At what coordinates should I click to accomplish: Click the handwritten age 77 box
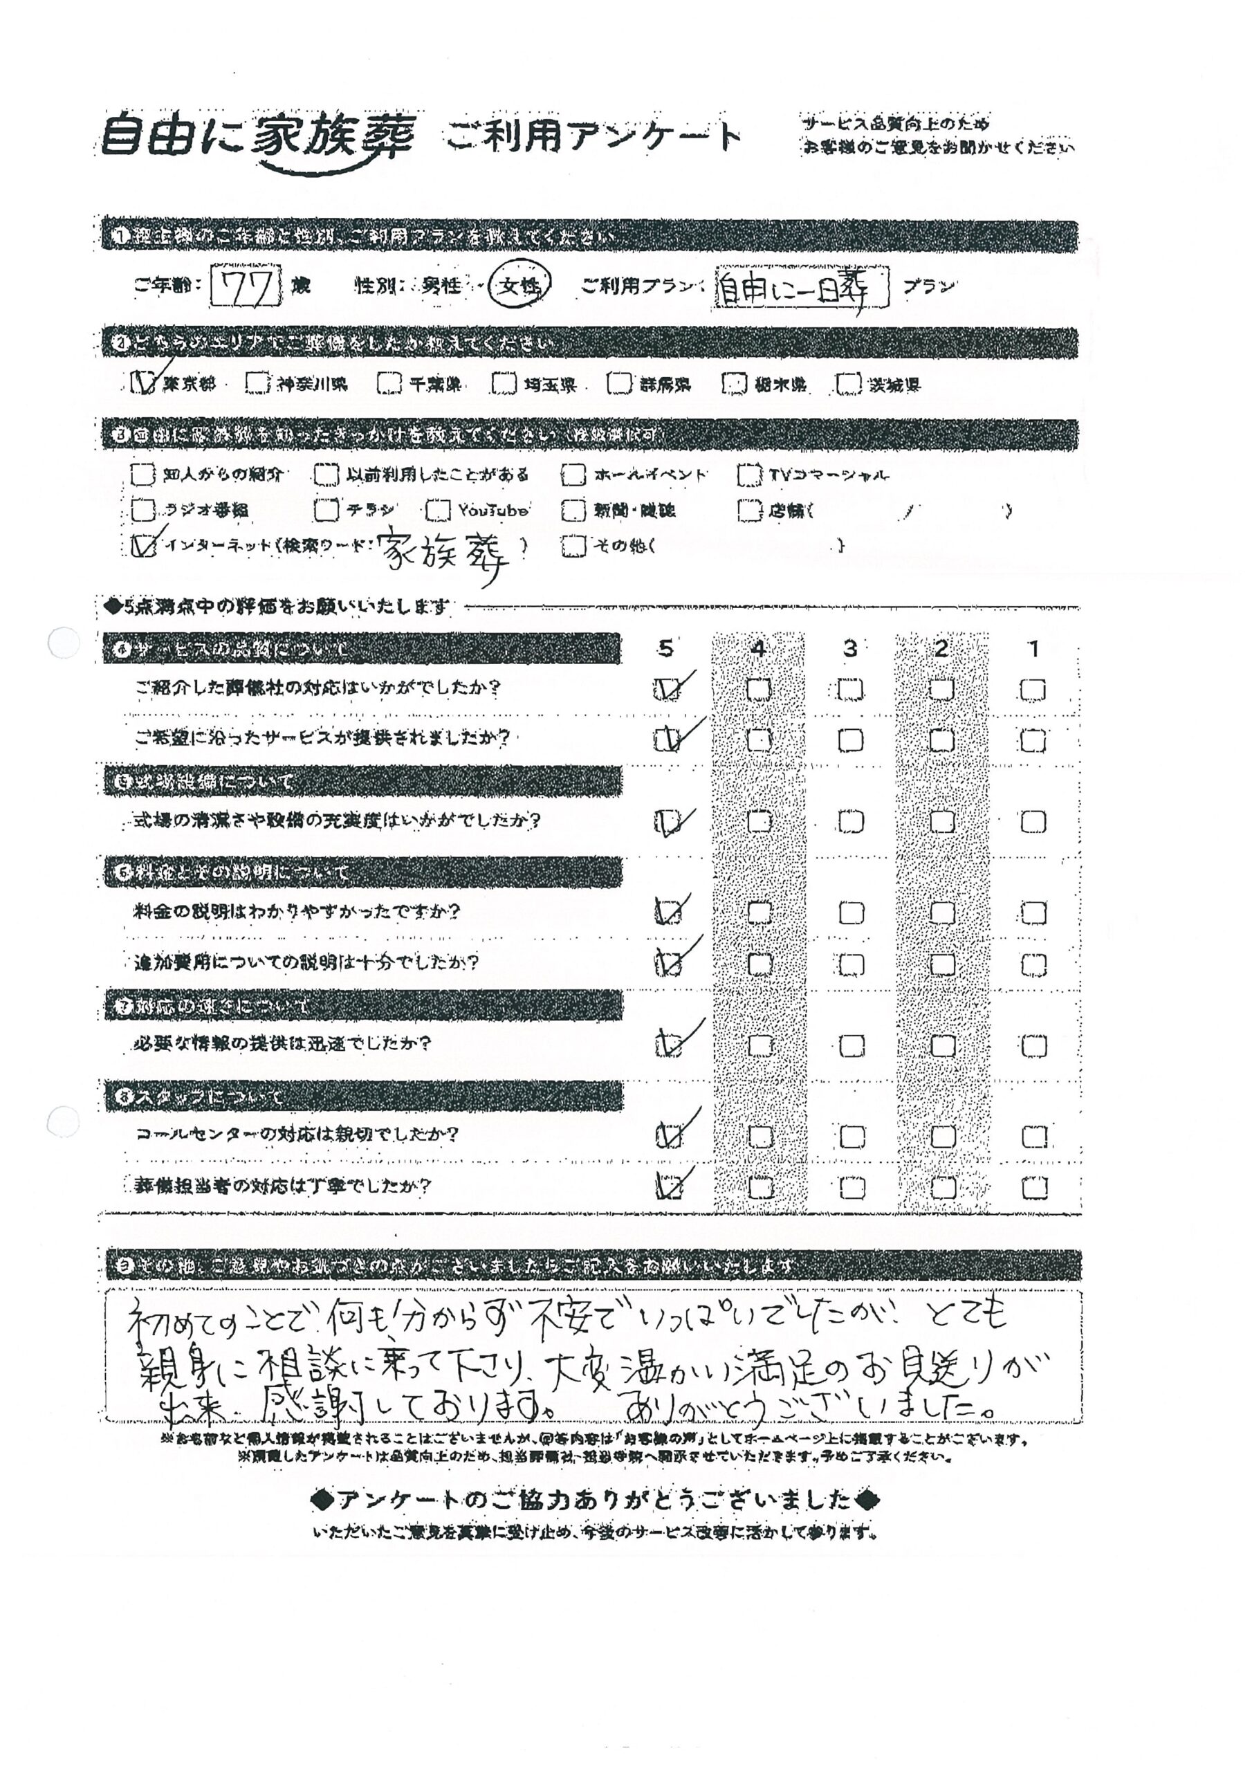(246, 287)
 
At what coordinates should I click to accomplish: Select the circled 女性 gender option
(519, 286)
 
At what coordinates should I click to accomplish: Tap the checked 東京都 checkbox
(143, 383)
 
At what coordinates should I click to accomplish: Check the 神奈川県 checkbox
(257, 383)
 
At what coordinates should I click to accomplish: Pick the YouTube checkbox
(437, 510)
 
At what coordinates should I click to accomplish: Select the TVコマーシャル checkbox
(748, 475)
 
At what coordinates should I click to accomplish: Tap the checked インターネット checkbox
(143, 545)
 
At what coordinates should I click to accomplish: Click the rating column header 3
(850, 649)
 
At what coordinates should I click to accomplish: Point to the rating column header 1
(1033, 649)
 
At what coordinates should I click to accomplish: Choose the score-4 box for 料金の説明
(760, 913)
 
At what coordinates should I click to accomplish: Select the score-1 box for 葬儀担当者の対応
(1033, 1188)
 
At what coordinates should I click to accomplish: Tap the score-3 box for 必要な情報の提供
(851, 1046)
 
